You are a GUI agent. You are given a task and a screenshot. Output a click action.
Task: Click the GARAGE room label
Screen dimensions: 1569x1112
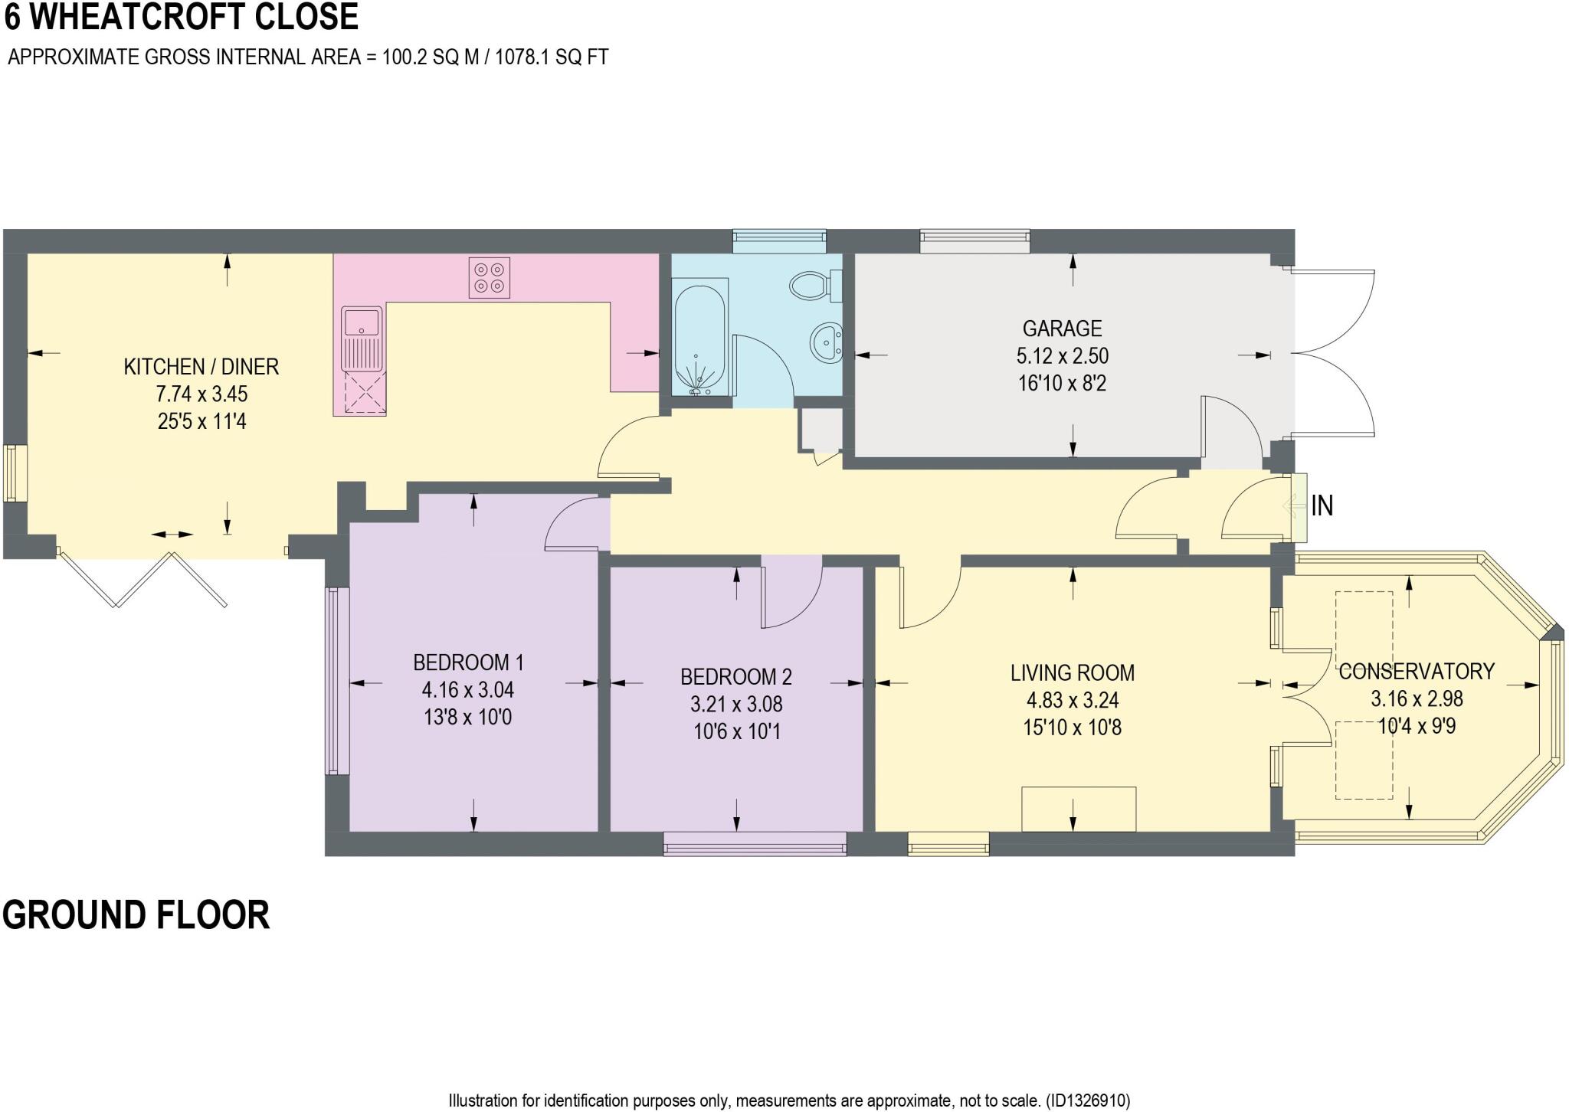pyautogui.click(x=1062, y=329)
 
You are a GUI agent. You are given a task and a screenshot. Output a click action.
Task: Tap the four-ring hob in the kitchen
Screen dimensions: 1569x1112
pyautogui.click(x=490, y=278)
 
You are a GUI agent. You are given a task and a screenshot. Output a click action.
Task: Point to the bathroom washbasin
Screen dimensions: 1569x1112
pyautogui.click(x=827, y=343)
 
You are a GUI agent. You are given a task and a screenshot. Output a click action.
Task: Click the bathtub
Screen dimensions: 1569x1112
pyautogui.click(x=699, y=337)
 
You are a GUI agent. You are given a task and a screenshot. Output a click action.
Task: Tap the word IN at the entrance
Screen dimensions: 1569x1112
pyautogui.click(x=1322, y=506)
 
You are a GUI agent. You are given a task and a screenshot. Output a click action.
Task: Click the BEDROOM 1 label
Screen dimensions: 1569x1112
pyautogui.click(x=468, y=662)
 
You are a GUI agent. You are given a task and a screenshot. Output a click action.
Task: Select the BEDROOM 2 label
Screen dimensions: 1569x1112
pyautogui.click(x=736, y=677)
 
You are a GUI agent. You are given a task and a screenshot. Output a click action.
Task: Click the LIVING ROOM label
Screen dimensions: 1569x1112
pyautogui.click(x=1073, y=673)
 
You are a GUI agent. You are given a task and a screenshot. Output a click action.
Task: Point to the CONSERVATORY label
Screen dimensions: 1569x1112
pyautogui.click(x=1417, y=672)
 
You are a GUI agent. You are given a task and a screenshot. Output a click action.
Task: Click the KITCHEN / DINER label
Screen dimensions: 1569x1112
pyautogui.click(x=201, y=367)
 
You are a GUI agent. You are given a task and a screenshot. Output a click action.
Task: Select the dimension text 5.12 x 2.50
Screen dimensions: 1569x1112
pyautogui.click(x=1063, y=356)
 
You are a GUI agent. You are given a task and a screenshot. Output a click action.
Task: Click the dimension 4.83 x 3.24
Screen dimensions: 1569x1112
pyautogui.click(x=1073, y=701)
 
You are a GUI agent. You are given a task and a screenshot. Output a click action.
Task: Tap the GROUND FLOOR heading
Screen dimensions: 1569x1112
pyautogui.click(x=136, y=914)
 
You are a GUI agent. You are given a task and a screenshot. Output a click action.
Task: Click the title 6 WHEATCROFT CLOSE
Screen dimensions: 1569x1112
pyautogui.click(x=182, y=17)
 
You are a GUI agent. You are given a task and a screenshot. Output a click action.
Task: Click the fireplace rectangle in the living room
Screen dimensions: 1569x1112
pyautogui.click(x=1079, y=809)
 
